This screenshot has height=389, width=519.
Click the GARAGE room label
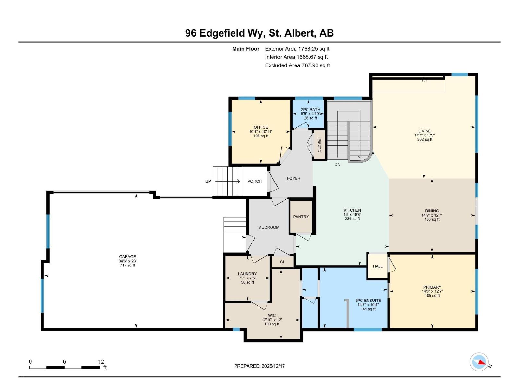coord(127,257)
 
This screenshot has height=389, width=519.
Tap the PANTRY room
coord(301,217)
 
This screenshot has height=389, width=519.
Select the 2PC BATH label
coord(310,110)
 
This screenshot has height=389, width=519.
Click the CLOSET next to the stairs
coord(319,145)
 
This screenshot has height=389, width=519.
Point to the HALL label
coord(378,266)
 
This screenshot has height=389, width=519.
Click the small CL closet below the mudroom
coord(282,262)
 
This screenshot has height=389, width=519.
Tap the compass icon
coord(479,362)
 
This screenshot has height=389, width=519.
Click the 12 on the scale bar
coord(101,362)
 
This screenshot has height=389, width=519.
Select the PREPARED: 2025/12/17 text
coord(259,366)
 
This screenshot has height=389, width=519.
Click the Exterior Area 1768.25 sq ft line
coord(297,49)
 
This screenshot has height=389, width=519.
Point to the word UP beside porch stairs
coord(208,181)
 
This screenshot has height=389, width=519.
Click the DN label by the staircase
coord(337,164)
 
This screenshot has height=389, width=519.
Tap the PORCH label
coord(254,181)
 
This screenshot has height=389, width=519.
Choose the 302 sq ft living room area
coord(425,139)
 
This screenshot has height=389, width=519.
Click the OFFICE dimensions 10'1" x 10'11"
coord(261,132)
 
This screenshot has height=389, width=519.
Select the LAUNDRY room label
coord(247,274)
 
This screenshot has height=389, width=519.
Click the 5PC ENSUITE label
coord(368,301)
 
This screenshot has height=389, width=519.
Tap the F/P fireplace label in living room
coord(425,80)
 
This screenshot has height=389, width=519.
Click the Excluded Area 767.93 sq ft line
coord(297,65)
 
